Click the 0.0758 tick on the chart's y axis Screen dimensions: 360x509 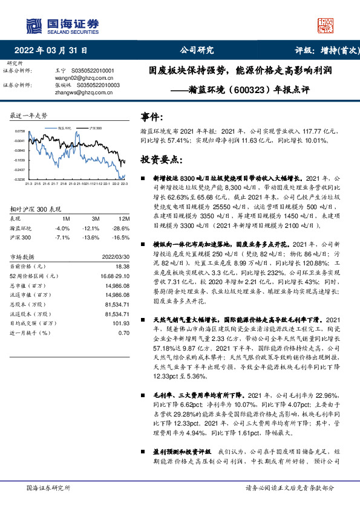20,131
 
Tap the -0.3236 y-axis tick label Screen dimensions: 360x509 20,179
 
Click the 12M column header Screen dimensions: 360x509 125,218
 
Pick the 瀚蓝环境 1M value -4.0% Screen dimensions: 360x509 62,228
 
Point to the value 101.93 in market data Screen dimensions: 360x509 122,323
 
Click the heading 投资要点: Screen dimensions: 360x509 160,160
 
